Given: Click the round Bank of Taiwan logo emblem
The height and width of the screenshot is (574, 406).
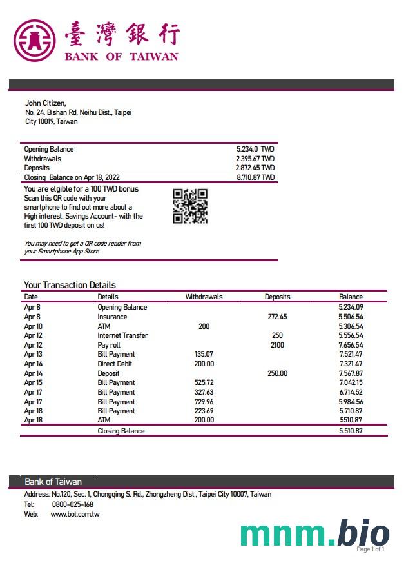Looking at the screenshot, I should pyautogui.click(x=35, y=40).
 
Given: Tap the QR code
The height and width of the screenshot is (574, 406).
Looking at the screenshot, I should pyautogui.click(x=190, y=206).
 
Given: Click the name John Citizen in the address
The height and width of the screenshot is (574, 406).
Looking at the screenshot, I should pyautogui.click(x=45, y=103).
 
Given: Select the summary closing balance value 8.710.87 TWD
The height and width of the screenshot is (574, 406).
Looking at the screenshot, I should pyautogui.click(x=255, y=177).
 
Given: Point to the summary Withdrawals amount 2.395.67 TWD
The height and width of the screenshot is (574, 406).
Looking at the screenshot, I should pyautogui.click(x=255, y=158).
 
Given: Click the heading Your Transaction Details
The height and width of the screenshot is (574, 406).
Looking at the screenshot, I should pyautogui.click(x=70, y=284).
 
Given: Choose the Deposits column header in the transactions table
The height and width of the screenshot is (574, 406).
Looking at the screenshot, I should pyautogui.click(x=277, y=297).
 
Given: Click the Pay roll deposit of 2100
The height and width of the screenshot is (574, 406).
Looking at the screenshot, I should pyautogui.click(x=277, y=345).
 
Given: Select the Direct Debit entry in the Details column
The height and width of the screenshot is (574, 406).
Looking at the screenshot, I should pyautogui.click(x=116, y=364).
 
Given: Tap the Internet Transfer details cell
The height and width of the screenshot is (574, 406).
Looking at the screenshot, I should pyautogui.click(x=122, y=335).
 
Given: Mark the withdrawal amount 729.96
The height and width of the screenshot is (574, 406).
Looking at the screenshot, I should pyautogui.click(x=204, y=401).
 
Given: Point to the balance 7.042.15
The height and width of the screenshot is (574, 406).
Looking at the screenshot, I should pyautogui.click(x=351, y=382).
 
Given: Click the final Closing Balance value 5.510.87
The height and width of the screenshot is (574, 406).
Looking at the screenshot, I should pyautogui.click(x=351, y=430).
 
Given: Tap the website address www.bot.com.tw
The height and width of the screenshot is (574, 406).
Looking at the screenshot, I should pyautogui.click(x=75, y=514).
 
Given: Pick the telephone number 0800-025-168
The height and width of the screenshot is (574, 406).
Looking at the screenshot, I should pyautogui.click(x=72, y=504).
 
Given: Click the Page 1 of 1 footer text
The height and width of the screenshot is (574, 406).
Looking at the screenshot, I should pyautogui.click(x=370, y=549).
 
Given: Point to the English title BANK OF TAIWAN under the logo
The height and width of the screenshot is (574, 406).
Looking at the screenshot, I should pyautogui.click(x=121, y=57).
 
